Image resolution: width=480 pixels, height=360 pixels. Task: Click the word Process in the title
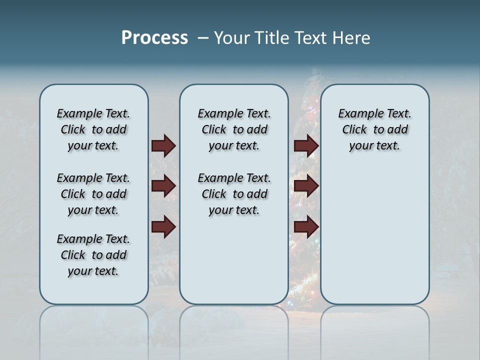(x=154, y=37)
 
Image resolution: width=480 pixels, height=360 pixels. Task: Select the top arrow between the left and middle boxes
(x=163, y=146)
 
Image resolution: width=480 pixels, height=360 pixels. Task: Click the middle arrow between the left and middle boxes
(x=163, y=186)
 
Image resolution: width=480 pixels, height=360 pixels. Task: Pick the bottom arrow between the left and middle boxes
(x=163, y=227)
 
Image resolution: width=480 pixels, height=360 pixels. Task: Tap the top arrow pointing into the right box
(x=306, y=146)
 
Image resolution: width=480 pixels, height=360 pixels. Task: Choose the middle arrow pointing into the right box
(x=306, y=186)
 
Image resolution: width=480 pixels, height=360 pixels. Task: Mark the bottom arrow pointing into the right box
(x=306, y=227)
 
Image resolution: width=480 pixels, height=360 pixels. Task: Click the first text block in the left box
(x=93, y=129)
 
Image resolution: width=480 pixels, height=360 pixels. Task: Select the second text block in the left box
(x=93, y=194)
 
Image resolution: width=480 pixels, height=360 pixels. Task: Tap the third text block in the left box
(x=93, y=255)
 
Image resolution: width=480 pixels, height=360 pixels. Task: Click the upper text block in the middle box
(x=234, y=129)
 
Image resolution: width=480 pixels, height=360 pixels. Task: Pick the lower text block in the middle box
(x=234, y=194)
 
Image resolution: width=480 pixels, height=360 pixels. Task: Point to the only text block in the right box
(x=374, y=129)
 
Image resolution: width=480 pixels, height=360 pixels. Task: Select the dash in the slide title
(x=202, y=38)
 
